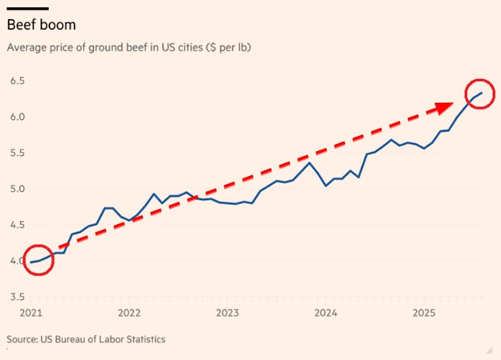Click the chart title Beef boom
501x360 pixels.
[x=41, y=25]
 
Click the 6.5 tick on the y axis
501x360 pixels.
[x=17, y=81]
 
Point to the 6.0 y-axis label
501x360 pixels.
[x=17, y=117]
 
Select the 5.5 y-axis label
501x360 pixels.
[x=17, y=153]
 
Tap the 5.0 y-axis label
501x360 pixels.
[x=17, y=189]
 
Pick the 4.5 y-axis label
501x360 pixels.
[x=17, y=225]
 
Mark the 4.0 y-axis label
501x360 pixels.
[x=17, y=260]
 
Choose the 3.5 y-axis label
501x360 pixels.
[x=17, y=297]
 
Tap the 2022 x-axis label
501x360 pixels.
[x=130, y=312]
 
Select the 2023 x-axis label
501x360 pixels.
[x=227, y=312]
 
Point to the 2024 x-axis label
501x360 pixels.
[x=324, y=312]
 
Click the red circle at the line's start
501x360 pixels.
[x=37, y=260]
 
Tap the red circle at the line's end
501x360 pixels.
[x=480, y=95]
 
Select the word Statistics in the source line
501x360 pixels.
[x=142, y=339]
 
